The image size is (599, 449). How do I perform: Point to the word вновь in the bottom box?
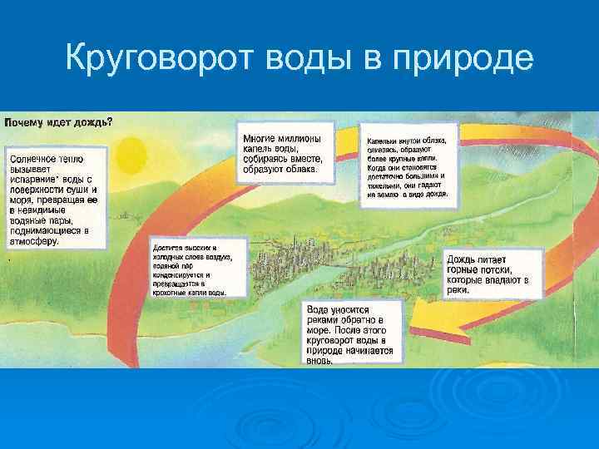320,362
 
